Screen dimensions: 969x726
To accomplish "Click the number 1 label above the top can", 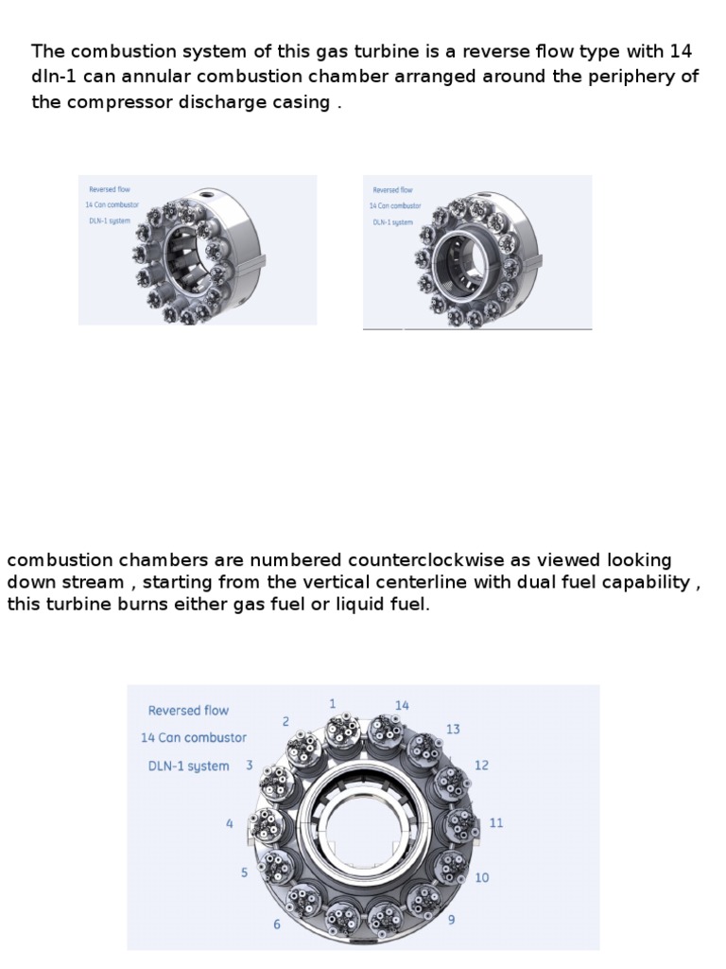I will (x=333, y=703).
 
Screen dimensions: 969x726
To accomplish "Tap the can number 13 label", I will (x=453, y=729).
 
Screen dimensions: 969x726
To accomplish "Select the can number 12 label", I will (x=481, y=766).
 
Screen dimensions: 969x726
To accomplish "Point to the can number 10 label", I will (x=482, y=877).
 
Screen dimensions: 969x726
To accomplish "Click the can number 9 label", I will (x=451, y=919).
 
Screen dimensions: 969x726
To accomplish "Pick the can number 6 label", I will (x=277, y=924).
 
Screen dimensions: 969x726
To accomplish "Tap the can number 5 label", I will (x=245, y=872).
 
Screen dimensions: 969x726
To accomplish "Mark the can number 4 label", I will (x=230, y=824).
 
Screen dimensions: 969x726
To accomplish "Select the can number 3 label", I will (x=250, y=765).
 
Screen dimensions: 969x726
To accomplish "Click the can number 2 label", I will (x=285, y=721).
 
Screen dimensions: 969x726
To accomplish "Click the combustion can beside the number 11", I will (x=461, y=824).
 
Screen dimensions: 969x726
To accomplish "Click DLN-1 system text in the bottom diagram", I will (x=188, y=766).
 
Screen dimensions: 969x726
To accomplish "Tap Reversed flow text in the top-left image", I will (x=110, y=189).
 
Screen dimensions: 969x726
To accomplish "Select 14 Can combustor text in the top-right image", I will (x=396, y=205).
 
